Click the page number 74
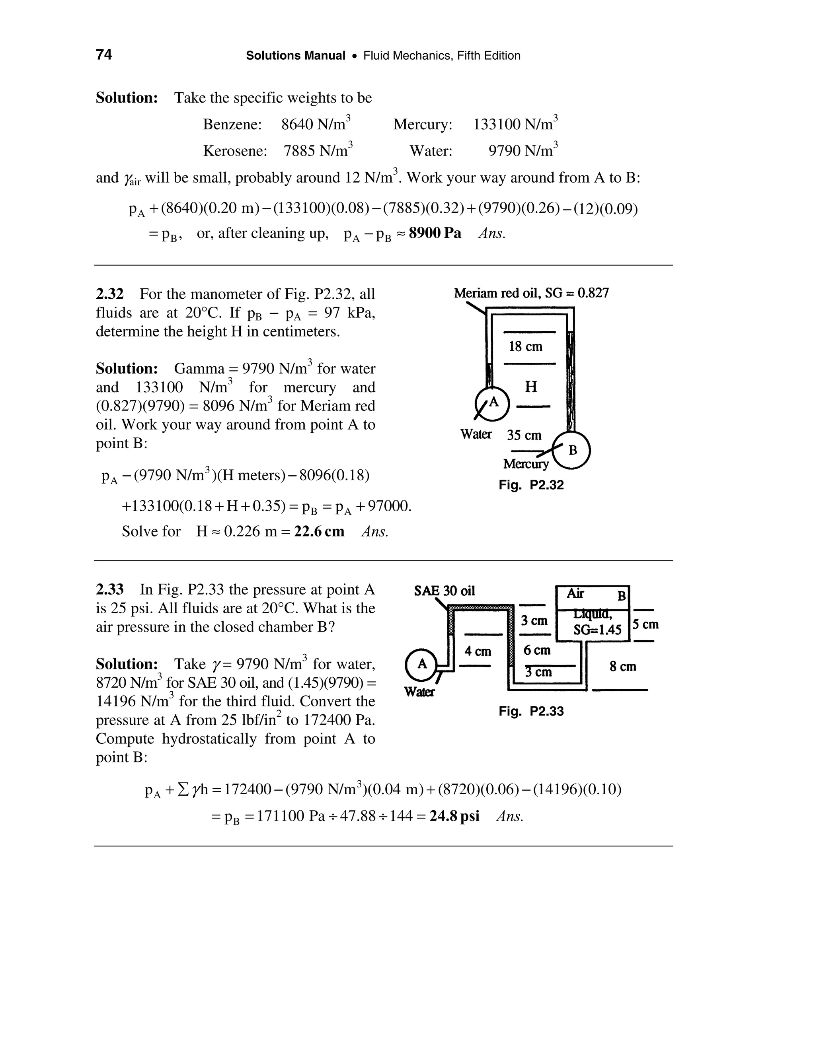coord(104,55)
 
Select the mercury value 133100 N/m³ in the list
coord(515,124)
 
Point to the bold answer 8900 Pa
coord(435,233)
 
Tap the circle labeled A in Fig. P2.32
coord(493,403)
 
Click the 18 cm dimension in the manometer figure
coord(525,346)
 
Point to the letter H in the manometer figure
coord(530,387)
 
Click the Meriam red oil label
coord(531,293)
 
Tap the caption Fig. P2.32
coord(531,485)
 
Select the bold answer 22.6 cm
coord(319,531)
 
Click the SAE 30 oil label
coord(444,591)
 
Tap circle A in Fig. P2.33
coord(422,665)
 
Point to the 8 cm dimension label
coord(623,667)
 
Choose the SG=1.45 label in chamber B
coord(597,630)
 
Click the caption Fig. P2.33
coord(531,712)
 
